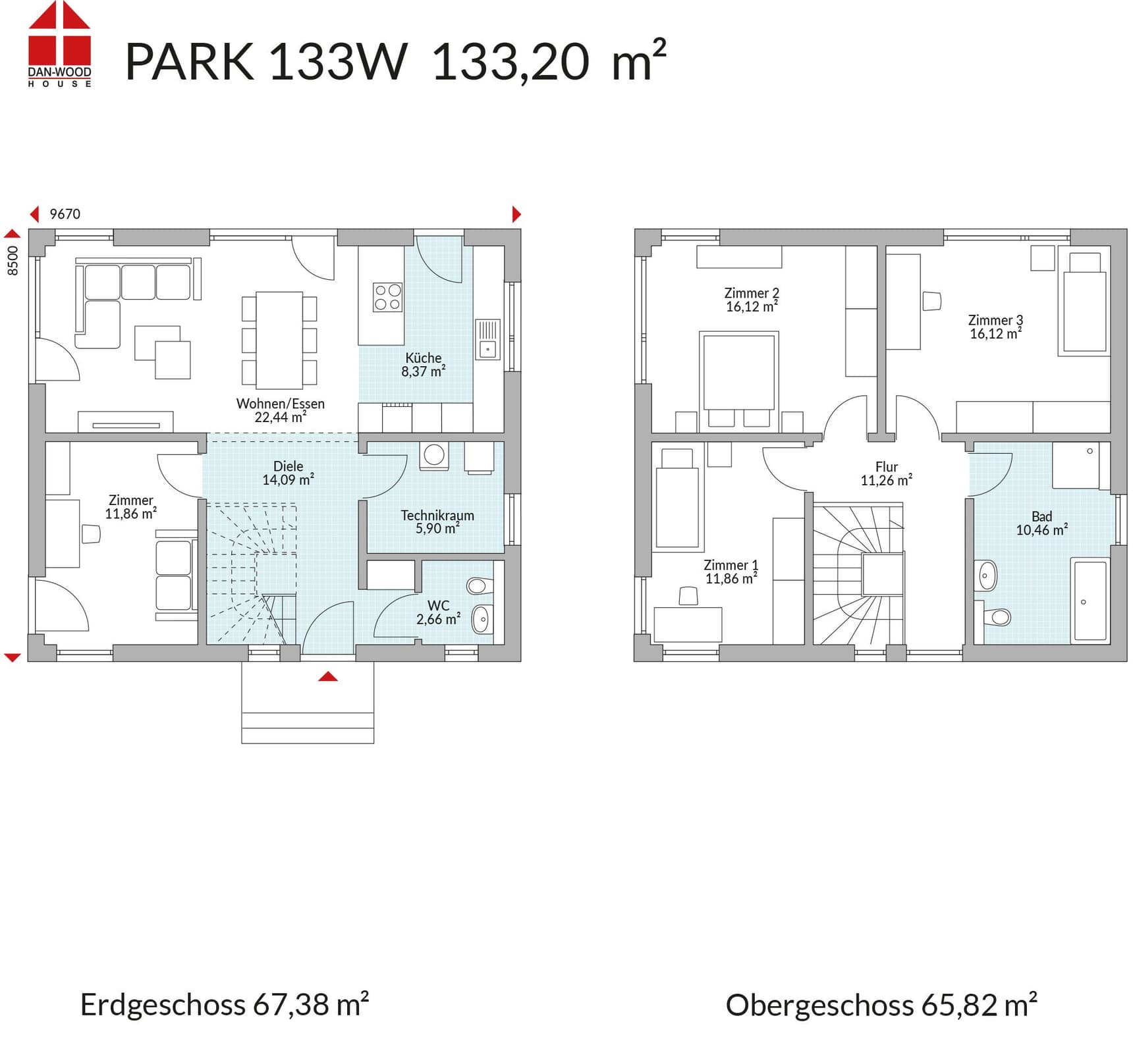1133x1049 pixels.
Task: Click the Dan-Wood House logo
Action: tap(59, 43)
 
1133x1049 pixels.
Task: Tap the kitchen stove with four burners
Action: tap(387, 297)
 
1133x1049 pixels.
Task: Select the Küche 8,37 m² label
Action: tap(424, 364)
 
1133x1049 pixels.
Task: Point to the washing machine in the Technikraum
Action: tap(434, 456)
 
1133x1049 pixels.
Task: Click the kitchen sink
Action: tap(487, 340)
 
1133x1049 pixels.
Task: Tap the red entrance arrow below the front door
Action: tap(328, 676)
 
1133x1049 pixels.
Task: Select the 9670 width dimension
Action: tap(65, 214)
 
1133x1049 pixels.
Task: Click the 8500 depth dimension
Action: tap(13, 261)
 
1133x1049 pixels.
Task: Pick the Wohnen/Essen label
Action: tap(281, 404)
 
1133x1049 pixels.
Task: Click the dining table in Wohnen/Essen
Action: tap(279, 340)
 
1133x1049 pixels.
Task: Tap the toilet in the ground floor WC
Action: tap(480, 585)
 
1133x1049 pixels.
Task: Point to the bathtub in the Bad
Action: tap(1090, 601)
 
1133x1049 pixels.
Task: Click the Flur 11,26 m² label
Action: tap(887, 473)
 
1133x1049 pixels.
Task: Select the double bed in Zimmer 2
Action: tap(738, 373)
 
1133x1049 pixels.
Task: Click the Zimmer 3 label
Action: tap(995, 320)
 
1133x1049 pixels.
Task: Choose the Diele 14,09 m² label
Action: tap(289, 473)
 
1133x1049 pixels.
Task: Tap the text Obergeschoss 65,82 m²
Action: tap(881, 1005)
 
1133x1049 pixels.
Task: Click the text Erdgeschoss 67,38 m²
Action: tap(225, 1005)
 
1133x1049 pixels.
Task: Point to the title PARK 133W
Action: tap(266, 62)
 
